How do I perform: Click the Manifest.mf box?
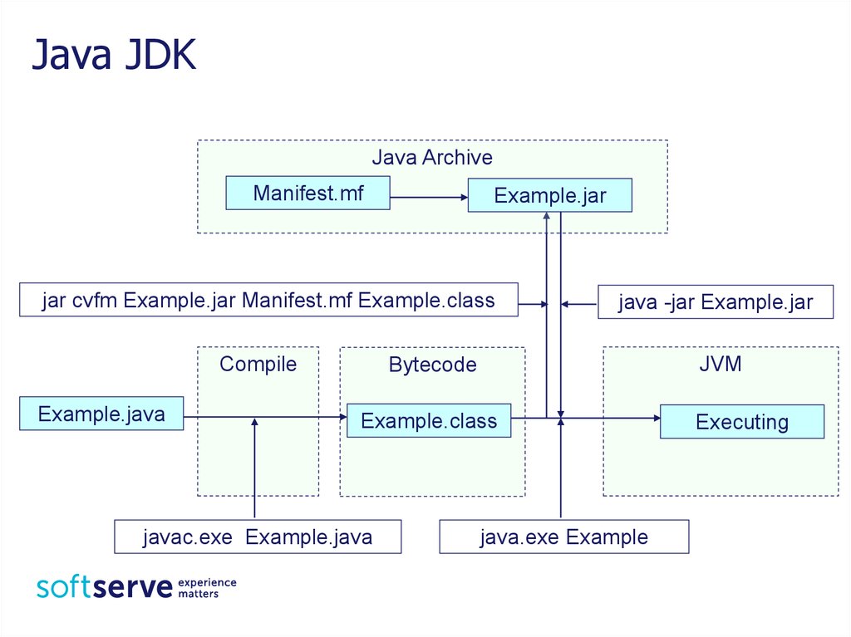tap(307, 193)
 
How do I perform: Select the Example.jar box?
tap(550, 195)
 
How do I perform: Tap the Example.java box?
tap(101, 414)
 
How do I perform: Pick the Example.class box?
tap(429, 420)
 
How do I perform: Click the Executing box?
tap(742, 421)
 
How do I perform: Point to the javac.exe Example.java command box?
tap(258, 537)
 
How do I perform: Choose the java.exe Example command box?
tap(564, 537)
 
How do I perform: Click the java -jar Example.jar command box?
tap(716, 301)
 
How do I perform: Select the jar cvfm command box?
tap(268, 300)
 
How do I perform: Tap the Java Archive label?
tap(432, 157)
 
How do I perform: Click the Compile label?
tap(258, 364)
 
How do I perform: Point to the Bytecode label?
tap(432, 365)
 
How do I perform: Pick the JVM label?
tap(721, 364)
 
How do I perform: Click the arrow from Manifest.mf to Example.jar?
tap(429, 198)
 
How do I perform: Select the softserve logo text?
tap(104, 587)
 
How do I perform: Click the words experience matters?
tap(207, 588)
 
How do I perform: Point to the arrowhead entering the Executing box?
tap(657, 418)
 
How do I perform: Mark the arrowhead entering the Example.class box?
tap(343, 417)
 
